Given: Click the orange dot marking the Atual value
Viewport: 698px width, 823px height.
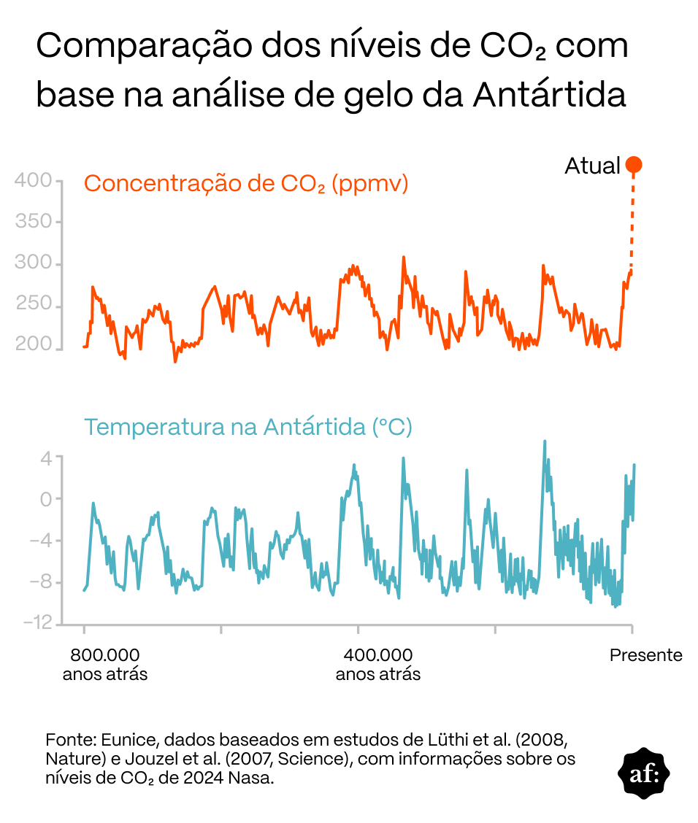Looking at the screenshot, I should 633,166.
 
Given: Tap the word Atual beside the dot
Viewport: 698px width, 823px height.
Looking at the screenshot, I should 591,166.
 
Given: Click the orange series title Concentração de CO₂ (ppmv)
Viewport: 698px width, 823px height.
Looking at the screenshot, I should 246,183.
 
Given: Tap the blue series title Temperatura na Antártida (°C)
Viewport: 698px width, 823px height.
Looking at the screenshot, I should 248,426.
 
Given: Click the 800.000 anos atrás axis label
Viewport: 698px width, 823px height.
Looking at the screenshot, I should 104,664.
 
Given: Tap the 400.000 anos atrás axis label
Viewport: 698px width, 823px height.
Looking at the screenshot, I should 377,664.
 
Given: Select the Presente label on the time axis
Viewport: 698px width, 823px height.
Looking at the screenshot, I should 645,655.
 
